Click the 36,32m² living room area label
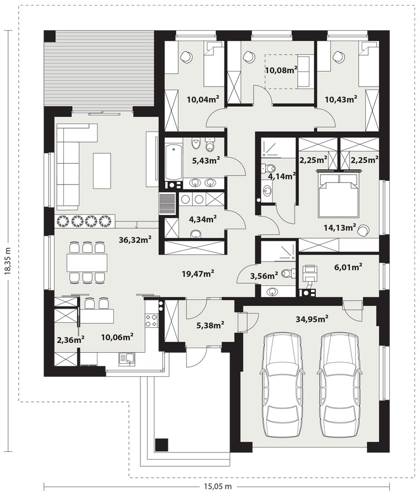(x=135, y=240)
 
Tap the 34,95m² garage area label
(x=312, y=319)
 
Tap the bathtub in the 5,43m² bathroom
(x=174, y=162)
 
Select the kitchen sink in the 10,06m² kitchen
(x=127, y=359)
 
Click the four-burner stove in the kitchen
(x=151, y=320)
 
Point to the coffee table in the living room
(x=102, y=171)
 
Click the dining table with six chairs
(x=87, y=262)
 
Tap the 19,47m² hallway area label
(x=198, y=273)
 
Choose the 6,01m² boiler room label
(x=348, y=267)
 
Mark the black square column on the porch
(x=161, y=445)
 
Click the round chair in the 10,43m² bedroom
(x=339, y=56)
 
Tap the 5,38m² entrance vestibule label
(x=210, y=325)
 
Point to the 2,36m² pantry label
(x=70, y=340)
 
